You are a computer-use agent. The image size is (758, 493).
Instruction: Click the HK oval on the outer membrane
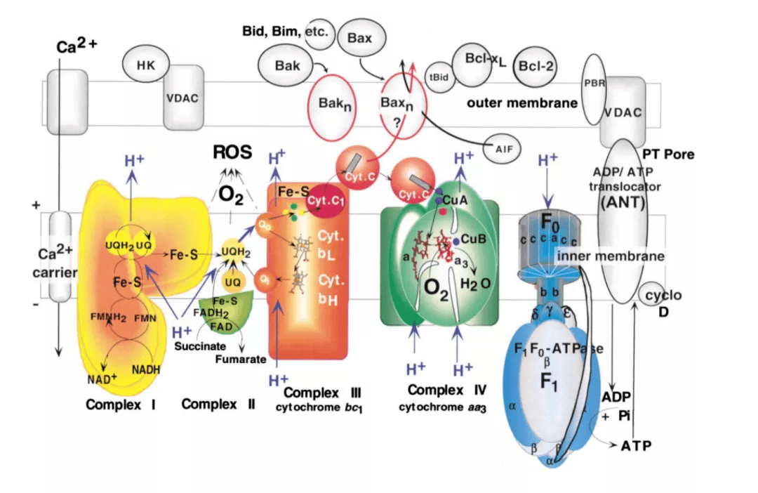click(146, 65)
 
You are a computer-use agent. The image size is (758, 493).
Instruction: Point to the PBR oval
click(594, 83)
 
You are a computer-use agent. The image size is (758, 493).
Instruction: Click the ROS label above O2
click(232, 152)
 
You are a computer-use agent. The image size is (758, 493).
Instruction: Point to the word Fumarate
click(241, 359)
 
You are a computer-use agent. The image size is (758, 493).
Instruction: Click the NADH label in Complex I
click(146, 369)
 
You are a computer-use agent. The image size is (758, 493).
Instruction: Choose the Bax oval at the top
click(359, 37)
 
